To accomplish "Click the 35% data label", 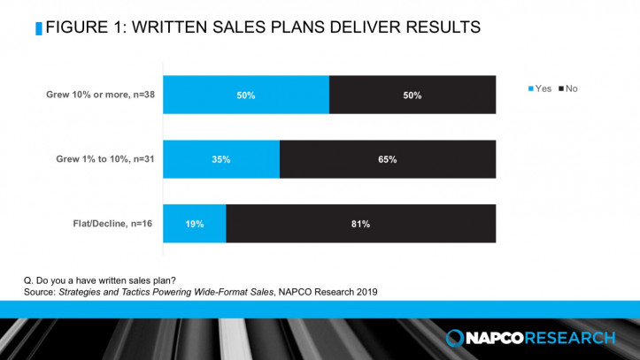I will click(221, 159).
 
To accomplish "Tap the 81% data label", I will click(360, 224).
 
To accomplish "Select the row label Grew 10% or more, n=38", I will click(104, 95).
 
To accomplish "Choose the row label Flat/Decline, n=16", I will click(115, 224).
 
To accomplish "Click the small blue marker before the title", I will click(37, 28).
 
